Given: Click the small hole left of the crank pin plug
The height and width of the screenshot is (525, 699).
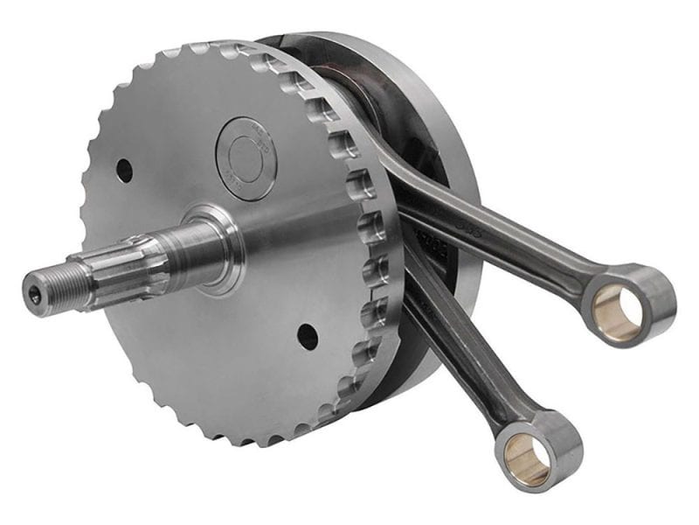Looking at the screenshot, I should pos(125,169).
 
